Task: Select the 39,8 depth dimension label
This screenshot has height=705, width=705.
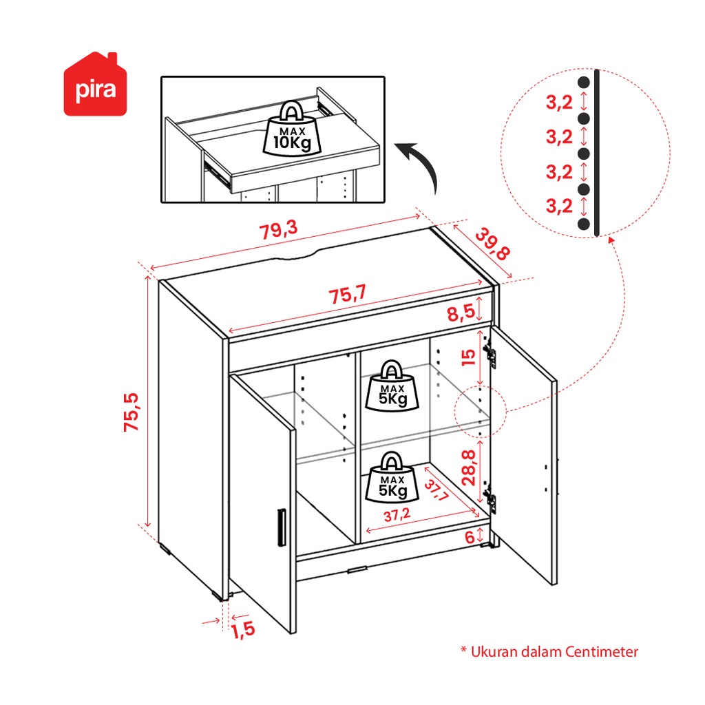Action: click(x=492, y=244)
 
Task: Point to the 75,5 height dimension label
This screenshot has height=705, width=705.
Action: click(x=131, y=412)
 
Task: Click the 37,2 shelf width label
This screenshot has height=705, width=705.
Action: click(x=398, y=515)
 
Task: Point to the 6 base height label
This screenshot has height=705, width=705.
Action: click(x=470, y=537)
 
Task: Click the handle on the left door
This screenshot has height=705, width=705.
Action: click(x=280, y=527)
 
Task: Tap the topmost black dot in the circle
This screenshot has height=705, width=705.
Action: click(x=584, y=82)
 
